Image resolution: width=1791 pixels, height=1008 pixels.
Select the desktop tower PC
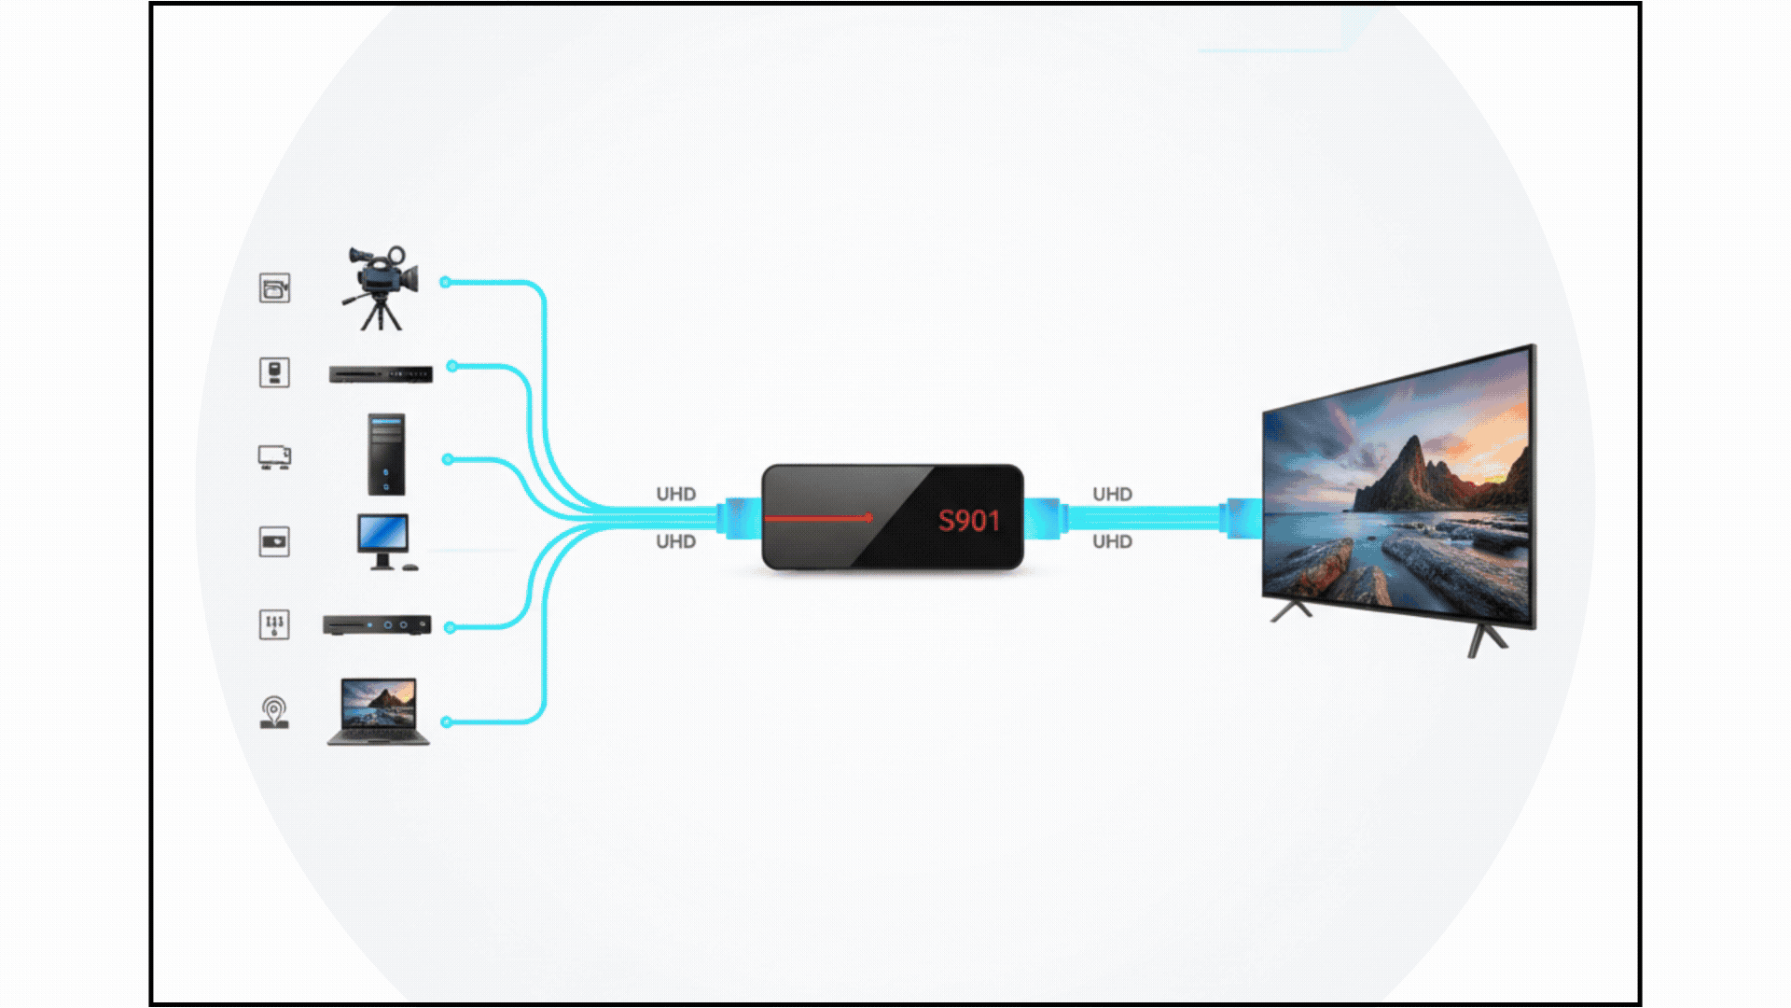(x=386, y=455)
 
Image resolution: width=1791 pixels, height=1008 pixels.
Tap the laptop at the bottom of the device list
(x=379, y=712)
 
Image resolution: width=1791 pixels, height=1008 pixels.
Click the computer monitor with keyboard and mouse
(x=383, y=541)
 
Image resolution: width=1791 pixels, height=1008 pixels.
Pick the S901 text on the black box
(x=968, y=521)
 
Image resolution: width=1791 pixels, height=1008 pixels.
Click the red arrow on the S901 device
(x=818, y=517)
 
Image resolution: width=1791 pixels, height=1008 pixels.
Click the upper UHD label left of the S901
(x=675, y=494)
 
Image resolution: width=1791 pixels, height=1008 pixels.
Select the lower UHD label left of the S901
(x=675, y=541)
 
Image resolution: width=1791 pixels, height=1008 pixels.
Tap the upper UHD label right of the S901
(x=1112, y=494)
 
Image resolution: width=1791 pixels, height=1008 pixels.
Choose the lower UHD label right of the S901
(x=1112, y=541)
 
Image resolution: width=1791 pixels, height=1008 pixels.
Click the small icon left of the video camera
(x=274, y=288)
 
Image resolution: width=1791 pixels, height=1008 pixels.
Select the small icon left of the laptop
(x=274, y=713)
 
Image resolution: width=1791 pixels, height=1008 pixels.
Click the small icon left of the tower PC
(x=274, y=457)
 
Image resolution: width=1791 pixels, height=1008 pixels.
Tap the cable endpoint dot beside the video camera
(x=446, y=282)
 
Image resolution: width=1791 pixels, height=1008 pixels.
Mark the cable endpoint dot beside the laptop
(x=447, y=721)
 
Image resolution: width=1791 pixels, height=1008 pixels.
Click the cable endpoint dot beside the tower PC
(x=448, y=459)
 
